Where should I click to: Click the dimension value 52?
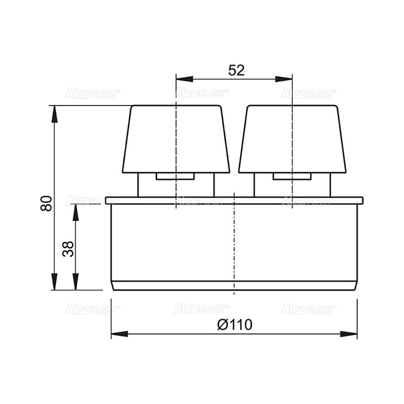236,70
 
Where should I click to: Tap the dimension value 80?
46,204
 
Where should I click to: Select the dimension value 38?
68,249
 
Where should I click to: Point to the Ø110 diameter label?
235,325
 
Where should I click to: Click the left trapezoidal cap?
176,139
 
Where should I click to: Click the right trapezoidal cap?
292,139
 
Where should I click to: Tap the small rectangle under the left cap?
175,176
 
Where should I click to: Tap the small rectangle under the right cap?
292,176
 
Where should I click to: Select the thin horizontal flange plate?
234,200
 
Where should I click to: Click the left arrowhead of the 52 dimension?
184,79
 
